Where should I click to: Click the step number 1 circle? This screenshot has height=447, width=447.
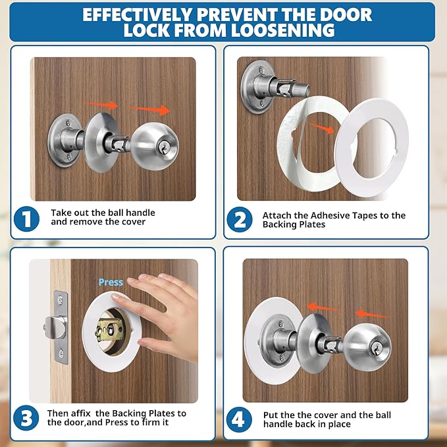pos(26,219)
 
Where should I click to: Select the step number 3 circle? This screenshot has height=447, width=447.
pos(26,419)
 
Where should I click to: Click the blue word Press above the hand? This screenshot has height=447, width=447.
pos(111,282)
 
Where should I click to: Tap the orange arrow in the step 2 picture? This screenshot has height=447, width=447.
pos(321,130)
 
